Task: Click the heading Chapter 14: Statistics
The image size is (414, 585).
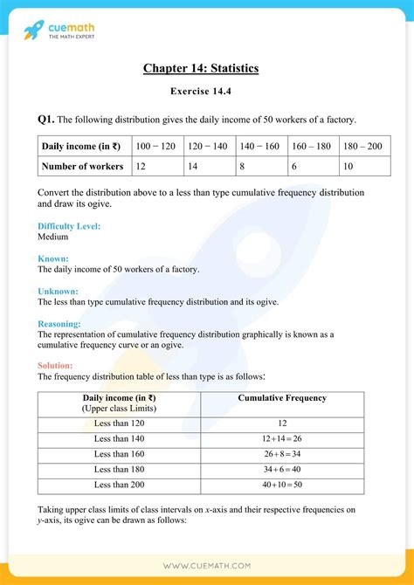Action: [206, 68]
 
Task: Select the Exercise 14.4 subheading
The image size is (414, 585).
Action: [206, 90]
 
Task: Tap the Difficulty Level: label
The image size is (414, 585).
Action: [69, 226]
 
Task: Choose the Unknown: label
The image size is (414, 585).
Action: [59, 291]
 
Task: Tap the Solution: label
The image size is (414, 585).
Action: [56, 365]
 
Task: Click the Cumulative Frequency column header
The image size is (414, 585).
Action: [282, 398]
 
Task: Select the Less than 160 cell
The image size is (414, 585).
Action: [119, 455]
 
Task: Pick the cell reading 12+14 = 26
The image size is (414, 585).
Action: [282, 439]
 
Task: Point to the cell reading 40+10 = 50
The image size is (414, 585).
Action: [282, 485]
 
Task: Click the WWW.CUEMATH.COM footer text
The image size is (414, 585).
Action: [206, 566]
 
